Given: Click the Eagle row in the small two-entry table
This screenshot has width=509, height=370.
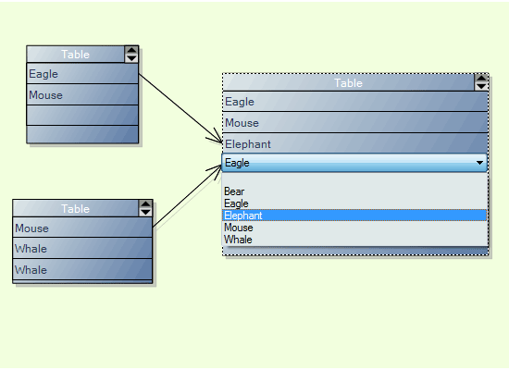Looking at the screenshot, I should point(81,73).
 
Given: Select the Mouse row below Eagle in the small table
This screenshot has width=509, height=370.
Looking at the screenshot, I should point(81,94).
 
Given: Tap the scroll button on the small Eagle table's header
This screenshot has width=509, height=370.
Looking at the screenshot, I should point(131,55).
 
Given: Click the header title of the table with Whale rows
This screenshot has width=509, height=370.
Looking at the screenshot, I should point(75,208).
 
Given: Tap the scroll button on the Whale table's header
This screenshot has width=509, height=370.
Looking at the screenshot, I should point(145,208).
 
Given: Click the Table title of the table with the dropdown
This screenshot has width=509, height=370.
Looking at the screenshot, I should point(348,82).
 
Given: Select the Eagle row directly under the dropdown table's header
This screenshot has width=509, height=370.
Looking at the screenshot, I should point(354,102).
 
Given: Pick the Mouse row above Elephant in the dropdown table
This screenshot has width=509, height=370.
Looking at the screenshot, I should point(354,123).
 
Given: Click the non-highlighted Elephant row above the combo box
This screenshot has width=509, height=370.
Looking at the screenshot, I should point(354,143).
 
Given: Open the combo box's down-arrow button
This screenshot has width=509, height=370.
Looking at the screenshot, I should point(479,163).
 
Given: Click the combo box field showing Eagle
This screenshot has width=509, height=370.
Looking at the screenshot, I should point(348,163).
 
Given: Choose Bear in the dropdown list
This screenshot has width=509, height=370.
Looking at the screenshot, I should point(234,191).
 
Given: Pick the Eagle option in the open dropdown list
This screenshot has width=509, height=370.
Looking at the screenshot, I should point(236,203).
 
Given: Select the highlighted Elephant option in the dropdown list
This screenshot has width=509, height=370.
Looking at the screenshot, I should point(354,216).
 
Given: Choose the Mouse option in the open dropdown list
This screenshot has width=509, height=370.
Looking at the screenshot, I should point(239,228).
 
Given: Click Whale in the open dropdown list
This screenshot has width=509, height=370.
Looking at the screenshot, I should point(238,240).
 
